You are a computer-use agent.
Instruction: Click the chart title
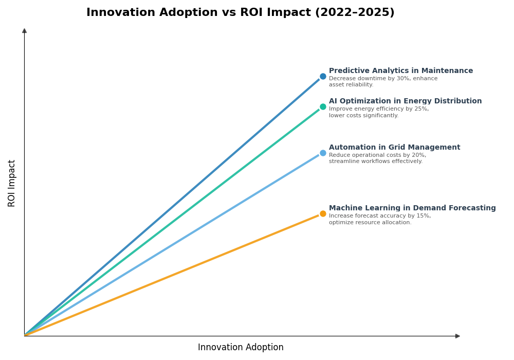point(240,12)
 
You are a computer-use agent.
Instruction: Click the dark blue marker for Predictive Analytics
point(323,76)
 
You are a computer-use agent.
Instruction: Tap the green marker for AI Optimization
point(323,107)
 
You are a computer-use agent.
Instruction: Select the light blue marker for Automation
point(323,153)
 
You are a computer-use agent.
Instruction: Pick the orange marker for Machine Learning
point(323,213)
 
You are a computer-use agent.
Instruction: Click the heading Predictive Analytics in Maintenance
point(400,71)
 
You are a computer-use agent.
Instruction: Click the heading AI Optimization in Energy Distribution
point(405,101)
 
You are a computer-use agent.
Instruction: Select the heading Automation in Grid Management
point(394,148)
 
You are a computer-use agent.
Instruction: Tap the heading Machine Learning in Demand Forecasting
point(412,208)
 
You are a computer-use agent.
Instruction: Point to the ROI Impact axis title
point(12,183)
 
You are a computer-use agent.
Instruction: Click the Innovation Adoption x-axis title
point(241,348)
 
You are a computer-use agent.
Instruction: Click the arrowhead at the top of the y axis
point(24,31)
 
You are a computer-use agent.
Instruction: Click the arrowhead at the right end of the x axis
point(457,336)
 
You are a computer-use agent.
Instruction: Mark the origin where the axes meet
point(24,336)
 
